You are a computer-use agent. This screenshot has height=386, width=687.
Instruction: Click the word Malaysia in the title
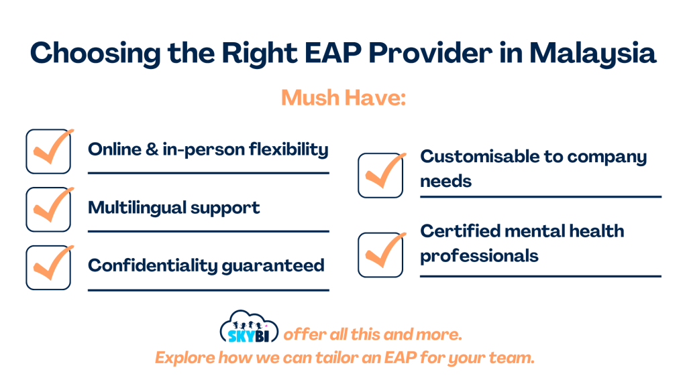[x=592, y=54]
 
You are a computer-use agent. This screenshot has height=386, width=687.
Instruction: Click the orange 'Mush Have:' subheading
[x=343, y=98]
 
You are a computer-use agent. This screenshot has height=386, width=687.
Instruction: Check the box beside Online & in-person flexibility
[x=48, y=151]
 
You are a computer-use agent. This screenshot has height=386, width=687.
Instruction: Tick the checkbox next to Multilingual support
[x=48, y=210]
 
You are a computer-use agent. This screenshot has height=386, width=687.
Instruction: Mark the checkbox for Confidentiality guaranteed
[x=48, y=268]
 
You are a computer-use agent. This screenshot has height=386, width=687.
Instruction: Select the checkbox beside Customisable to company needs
[x=380, y=176]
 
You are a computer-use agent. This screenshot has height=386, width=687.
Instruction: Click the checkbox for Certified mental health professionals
[x=380, y=255]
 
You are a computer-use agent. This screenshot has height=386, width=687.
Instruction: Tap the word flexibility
[x=288, y=149]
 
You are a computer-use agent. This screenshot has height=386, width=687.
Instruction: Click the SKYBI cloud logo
[x=249, y=327]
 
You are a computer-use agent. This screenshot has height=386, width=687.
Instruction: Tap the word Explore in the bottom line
[x=184, y=358]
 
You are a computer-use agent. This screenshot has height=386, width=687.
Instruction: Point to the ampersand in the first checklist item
[x=152, y=149]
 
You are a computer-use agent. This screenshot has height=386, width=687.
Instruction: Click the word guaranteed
[x=273, y=266]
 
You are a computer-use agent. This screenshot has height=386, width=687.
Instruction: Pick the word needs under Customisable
[x=446, y=182]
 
